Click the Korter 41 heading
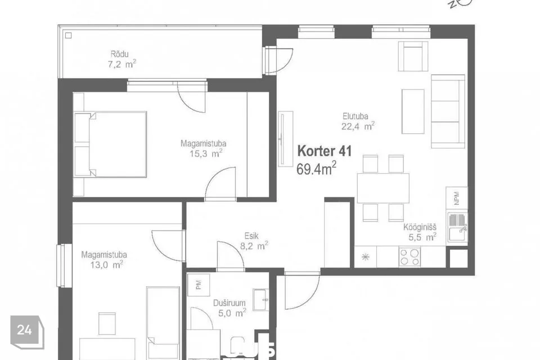(x=325, y=151)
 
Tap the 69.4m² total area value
(x=317, y=168)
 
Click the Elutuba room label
(x=355, y=116)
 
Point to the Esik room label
(x=251, y=236)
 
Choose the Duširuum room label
(x=229, y=303)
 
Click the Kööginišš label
(x=420, y=228)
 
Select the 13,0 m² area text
(x=102, y=264)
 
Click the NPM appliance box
(x=456, y=197)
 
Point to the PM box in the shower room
(x=199, y=284)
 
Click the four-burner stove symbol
(x=409, y=257)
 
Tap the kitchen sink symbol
(x=457, y=227)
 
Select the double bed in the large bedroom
(x=110, y=144)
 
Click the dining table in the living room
(x=383, y=188)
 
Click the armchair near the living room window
(x=413, y=57)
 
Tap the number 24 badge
(x=25, y=331)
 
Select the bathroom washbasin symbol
(x=261, y=299)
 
